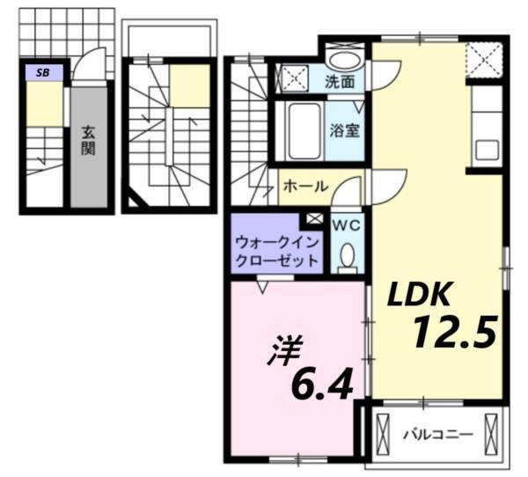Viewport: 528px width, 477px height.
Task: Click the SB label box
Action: coord(43,73)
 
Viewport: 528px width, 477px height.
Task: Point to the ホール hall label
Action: coord(306,187)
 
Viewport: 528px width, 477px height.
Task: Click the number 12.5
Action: coord(455,333)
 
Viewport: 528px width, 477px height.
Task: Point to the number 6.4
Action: coord(323,384)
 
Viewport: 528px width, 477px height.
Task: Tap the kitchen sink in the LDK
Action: coord(487,149)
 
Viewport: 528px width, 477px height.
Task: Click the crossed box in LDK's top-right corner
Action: coord(485,62)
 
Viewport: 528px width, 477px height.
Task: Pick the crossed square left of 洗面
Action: coord(293,77)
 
